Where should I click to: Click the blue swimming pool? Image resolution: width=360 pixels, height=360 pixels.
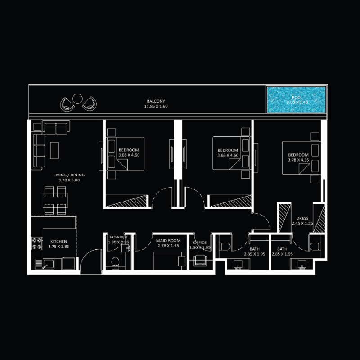296,99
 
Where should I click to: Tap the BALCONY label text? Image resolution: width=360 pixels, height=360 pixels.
156,101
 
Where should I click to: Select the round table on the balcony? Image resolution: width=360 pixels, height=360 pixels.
77,98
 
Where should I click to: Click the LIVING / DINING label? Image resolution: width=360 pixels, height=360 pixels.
69,175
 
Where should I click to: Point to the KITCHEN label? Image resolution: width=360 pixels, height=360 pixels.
58,242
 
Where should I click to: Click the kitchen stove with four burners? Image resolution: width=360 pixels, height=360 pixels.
36,243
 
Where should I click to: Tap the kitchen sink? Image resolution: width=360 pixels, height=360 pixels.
47,264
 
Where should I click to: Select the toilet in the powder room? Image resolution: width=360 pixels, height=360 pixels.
115,261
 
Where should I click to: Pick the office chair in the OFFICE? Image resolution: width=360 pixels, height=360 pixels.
200,260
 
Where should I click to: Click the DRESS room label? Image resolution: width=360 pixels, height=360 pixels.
302,218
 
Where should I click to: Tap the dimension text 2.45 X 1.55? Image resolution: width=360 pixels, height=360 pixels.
302,223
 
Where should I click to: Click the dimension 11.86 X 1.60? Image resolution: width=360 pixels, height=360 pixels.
156,106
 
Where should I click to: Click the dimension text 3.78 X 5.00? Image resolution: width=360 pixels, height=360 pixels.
69,180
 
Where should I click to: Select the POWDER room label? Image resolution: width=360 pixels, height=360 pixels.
118,237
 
